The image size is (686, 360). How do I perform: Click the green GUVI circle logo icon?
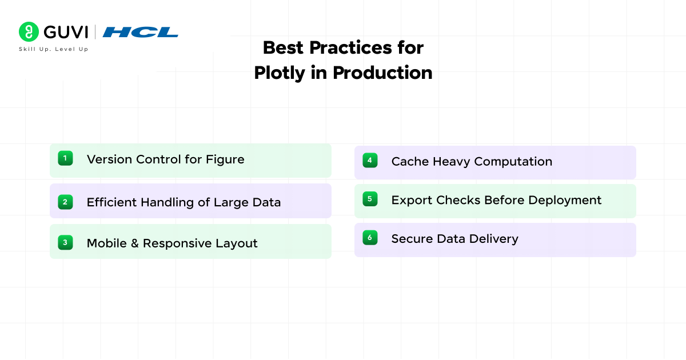pos(29,31)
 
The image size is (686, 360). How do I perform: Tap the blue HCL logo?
pos(140,32)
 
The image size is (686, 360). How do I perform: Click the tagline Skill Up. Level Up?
pos(54,49)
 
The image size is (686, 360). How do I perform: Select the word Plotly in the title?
pos(280,73)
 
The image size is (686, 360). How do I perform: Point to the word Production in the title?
pos(382,73)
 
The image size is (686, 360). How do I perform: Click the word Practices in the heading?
pos(350,48)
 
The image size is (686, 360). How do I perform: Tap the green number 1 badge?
pos(65,158)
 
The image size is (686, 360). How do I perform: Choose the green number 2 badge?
pos(65,202)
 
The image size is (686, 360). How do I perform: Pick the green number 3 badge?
pos(65,242)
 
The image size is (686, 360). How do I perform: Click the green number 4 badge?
pos(370,161)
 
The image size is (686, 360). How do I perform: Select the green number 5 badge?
pos(370,199)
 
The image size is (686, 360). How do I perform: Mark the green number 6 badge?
pos(370,238)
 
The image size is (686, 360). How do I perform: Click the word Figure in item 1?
pos(225,160)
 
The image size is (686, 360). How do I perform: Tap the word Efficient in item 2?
pos(112,202)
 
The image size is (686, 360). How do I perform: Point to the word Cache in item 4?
pos(410,162)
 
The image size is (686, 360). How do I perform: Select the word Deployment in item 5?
pos(565,201)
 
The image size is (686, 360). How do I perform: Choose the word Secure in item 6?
pos(412,239)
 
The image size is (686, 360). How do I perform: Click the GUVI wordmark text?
pos(66,32)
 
